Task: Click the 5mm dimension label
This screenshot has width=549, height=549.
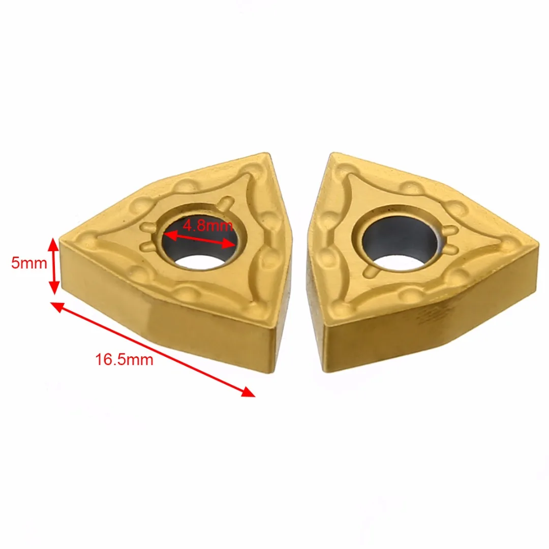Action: (x=29, y=263)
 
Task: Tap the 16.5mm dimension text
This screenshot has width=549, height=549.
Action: (x=125, y=359)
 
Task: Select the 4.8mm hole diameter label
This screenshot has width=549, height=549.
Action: (x=207, y=225)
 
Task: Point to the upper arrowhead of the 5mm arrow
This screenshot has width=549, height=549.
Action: (x=53, y=245)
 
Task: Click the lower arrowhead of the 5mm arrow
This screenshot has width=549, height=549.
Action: (x=53, y=287)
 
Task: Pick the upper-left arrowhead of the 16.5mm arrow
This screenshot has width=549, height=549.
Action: (x=58, y=307)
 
